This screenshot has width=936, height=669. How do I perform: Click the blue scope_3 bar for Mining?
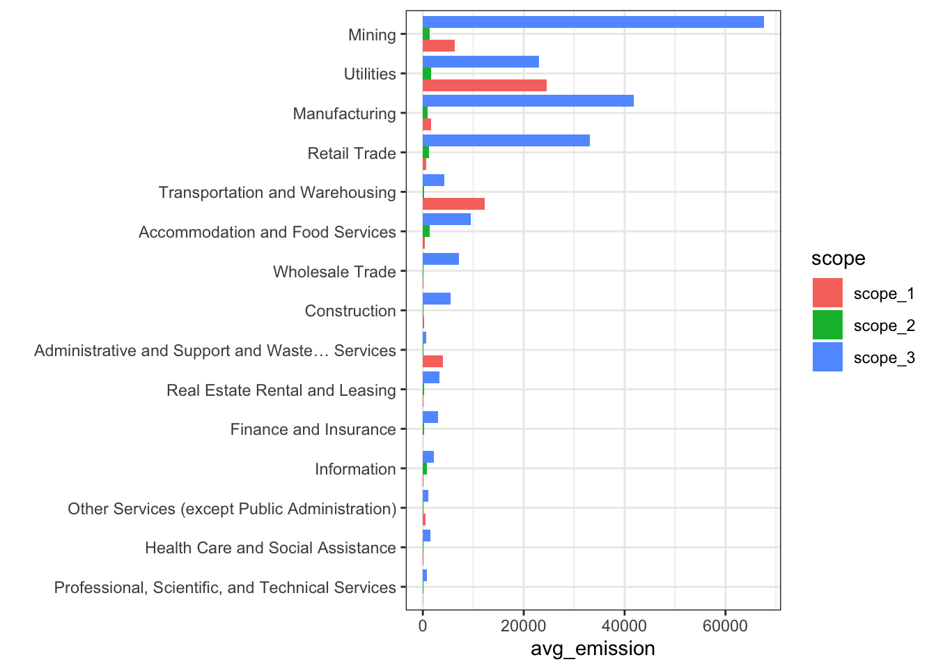pos(593,22)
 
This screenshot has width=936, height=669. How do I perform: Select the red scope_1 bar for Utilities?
pos(484,86)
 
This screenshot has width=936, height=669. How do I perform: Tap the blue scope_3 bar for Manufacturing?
pos(528,101)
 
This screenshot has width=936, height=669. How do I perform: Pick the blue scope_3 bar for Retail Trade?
pos(506,141)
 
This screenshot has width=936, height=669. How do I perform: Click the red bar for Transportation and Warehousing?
pos(453,204)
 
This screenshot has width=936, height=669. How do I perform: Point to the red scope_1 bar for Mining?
pos(438,46)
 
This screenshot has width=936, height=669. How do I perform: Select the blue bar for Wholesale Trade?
pos(440,259)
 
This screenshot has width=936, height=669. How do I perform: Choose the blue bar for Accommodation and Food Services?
pos(446,220)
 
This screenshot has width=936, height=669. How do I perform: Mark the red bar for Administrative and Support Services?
pos(432,362)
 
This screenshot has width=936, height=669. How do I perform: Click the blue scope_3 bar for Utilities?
pos(481,62)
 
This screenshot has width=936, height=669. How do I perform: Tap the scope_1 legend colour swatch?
pos(827,293)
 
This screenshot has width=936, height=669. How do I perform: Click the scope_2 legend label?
pos(884,326)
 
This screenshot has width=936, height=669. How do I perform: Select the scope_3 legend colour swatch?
pos(827,357)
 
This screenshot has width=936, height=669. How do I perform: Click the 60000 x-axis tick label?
pos(725,626)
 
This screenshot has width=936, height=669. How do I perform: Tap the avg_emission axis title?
pos(593,649)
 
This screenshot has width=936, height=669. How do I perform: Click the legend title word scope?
pos(838,259)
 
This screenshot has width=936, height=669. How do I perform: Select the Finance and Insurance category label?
pos(313,430)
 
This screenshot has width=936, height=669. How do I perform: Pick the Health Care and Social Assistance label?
pos(270,548)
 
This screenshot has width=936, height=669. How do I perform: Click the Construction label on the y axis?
pos(350,312)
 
